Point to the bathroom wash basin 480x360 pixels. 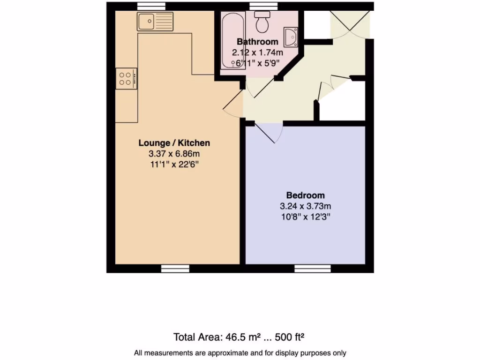tap(291, 37)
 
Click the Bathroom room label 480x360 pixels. tap(257, 42)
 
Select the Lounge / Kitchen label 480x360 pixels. tap(174, 143)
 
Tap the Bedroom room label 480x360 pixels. tap(305, 195)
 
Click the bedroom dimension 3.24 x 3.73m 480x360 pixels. tap(305, 206)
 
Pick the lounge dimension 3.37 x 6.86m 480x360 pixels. tap(174, 154)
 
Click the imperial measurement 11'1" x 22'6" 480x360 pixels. tap(174, 165)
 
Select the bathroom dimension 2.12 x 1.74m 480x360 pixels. tap(257, 53)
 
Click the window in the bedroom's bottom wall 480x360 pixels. tap(312, 269)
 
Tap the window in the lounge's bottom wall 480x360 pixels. tap(175, 269)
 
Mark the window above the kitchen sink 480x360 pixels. tap(152, 6)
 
